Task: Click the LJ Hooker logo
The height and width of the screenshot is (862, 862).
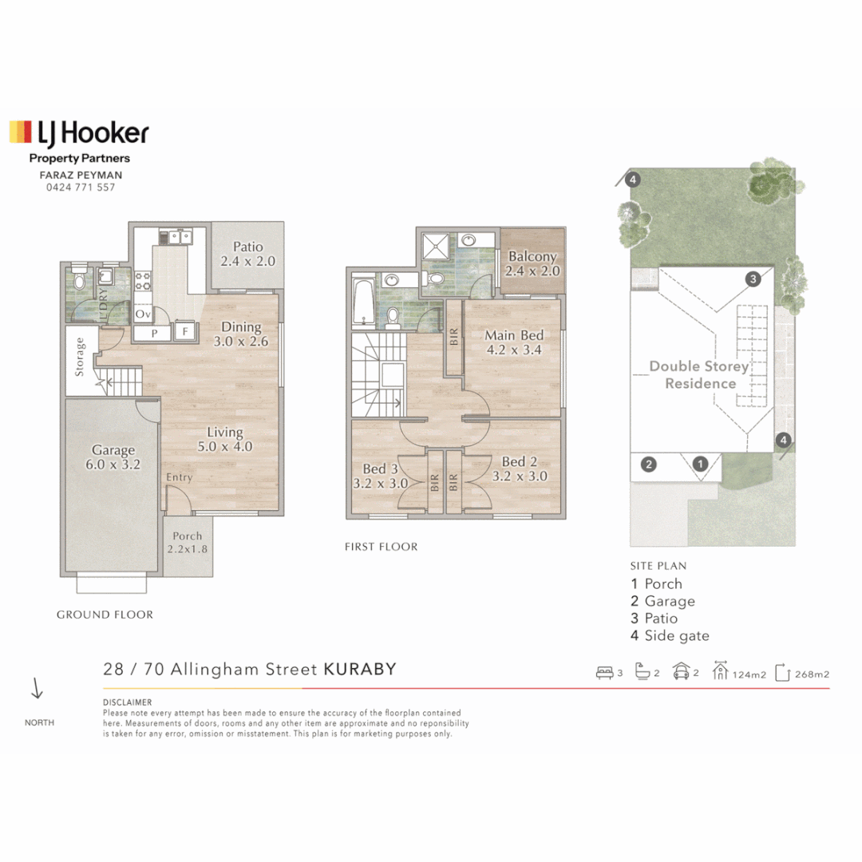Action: (x=79, y=133)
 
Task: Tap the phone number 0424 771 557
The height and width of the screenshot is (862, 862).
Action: (x=81, y=188)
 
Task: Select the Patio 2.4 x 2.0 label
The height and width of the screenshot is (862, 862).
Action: (x=248, y=254)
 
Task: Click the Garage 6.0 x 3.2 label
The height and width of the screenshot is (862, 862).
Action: (x=113, y=457)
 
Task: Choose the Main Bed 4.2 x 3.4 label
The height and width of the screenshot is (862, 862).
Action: (x=514, y=342)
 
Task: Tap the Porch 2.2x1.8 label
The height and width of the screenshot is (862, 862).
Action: (x=188, y=542)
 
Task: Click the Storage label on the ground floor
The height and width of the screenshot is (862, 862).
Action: (x=80, y=357)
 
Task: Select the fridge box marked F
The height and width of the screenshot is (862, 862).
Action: (x=185, y=331)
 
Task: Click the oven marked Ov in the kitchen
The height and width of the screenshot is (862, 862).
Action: (x=143, y=314)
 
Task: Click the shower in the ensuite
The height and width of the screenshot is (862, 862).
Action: (x=436, y=246)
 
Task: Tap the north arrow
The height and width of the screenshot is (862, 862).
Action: (x=37, y=688)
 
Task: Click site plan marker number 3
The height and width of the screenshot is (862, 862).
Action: (x=753, y=279)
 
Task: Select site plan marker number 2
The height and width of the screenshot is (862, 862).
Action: (x=649, y=465)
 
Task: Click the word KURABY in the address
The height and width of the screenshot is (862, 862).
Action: (x=360, y=669)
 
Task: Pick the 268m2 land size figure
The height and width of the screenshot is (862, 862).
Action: (x=812, y=674)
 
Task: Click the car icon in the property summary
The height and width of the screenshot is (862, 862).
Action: (x=681, y=671)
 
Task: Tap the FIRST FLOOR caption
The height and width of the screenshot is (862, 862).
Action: (x=381, y=547)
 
